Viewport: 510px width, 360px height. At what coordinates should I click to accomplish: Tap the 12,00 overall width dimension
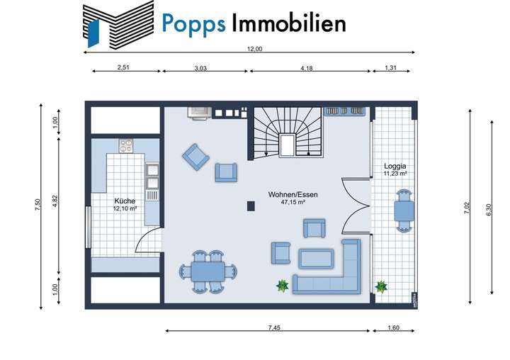[x=254, y=49]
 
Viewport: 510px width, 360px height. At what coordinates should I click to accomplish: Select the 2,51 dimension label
[x=126, y=68]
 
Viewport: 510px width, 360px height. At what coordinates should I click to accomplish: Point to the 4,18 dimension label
[x=307, y=68]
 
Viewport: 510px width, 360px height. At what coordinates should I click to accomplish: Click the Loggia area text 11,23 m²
[x=394, y=174]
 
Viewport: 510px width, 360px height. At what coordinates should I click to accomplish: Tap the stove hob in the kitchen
[x=126, y=146]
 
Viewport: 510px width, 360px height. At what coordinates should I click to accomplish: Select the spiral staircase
[x=287, y=133]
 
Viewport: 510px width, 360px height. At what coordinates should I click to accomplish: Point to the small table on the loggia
[x=403, y=210]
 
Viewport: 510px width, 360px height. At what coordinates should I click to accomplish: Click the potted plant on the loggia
[x=382, y=286]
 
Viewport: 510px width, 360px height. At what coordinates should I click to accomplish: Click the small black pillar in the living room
[x=251, y=206]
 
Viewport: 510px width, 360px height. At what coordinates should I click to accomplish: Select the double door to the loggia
[x=356, y=206]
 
